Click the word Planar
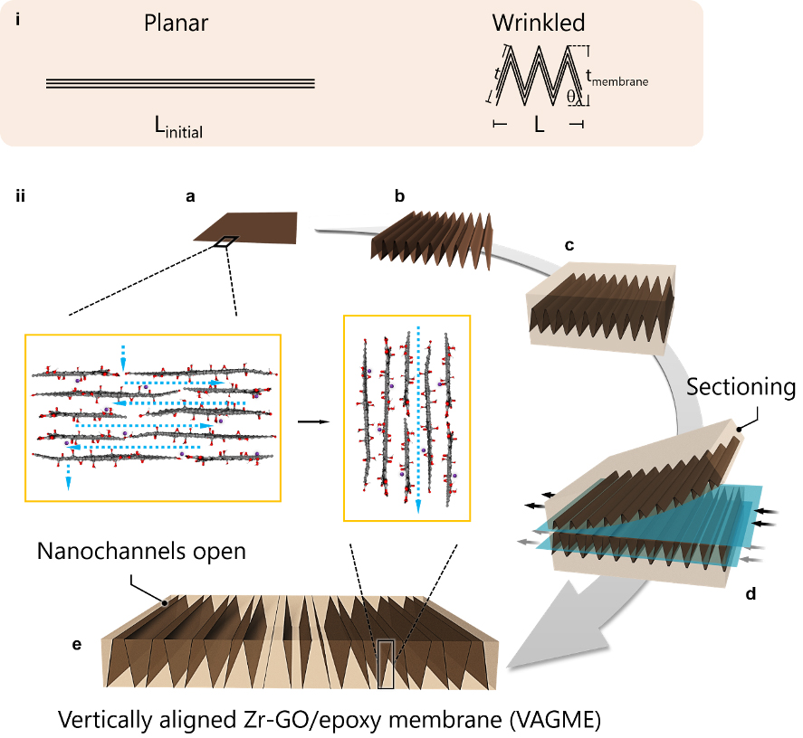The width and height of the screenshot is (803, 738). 177,24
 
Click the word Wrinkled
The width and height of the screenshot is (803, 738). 539,23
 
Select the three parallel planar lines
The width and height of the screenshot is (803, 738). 180,83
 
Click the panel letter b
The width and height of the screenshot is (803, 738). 399,194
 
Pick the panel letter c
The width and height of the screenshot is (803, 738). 568,245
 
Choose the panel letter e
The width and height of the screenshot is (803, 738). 77,645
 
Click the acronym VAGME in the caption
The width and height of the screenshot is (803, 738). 555,721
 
